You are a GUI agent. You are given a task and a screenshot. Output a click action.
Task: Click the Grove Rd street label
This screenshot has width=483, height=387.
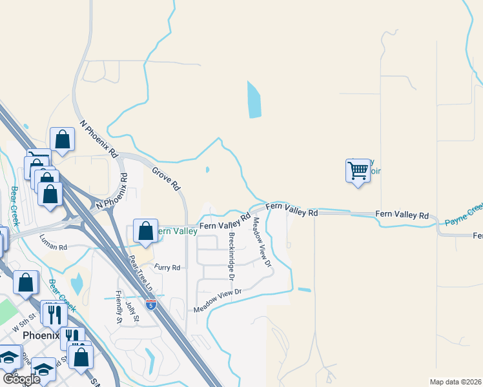pos(166,179)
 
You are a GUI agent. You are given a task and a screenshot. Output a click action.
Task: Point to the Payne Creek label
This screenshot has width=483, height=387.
pos(464,214)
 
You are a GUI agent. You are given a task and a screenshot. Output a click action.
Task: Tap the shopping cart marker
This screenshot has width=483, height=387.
pos(358,171)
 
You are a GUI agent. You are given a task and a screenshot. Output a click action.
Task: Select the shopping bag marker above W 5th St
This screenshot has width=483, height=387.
pos(26,283)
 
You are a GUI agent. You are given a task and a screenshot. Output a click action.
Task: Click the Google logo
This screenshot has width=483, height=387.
pos(21,379)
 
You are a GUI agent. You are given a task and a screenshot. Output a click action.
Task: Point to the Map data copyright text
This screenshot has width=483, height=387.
pos(456,382)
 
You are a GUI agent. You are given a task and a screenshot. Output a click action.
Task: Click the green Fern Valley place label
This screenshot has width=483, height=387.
pos(178,231)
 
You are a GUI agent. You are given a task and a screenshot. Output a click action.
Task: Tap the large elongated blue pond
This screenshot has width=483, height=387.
pos(254,100)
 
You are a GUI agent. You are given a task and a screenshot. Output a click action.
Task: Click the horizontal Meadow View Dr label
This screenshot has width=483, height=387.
pos(218,301)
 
